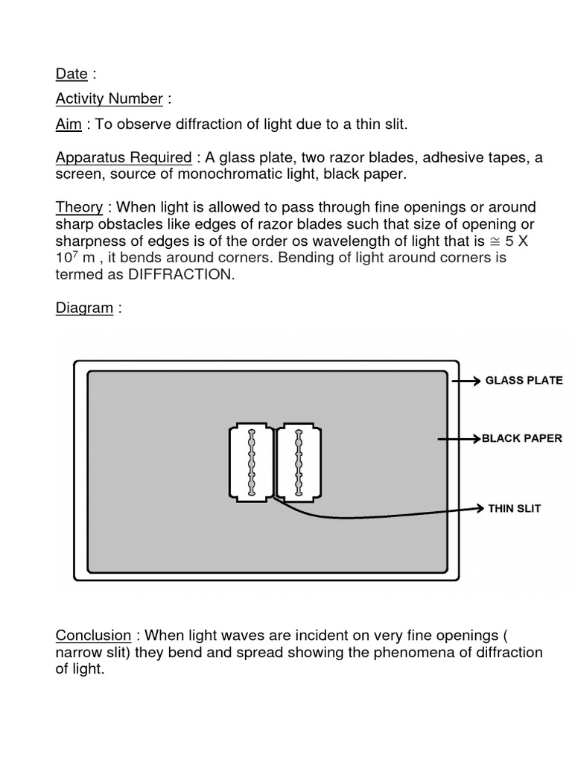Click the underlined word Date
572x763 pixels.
[x=71, y=74]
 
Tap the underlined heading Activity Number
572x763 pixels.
[x=109, y=98]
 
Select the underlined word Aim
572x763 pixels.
[x=69, y=124]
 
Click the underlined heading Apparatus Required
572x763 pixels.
[x=124, y=158]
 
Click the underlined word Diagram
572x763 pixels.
[x=84, y=308]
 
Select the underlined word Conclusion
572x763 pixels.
[x=93, y=636]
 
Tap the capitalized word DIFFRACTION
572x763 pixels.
[x=182, y=274]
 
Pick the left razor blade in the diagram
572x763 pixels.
[x=251, y=463]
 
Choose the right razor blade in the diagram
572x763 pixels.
[x=299, y=463]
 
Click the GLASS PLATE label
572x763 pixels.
[x=524, y=381]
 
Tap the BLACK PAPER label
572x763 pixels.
[x=521, y=439]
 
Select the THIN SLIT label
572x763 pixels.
[x=514, y=509]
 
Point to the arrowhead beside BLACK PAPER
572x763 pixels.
[x=476, y=440]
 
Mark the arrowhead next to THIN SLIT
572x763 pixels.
[x=479, y=509]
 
